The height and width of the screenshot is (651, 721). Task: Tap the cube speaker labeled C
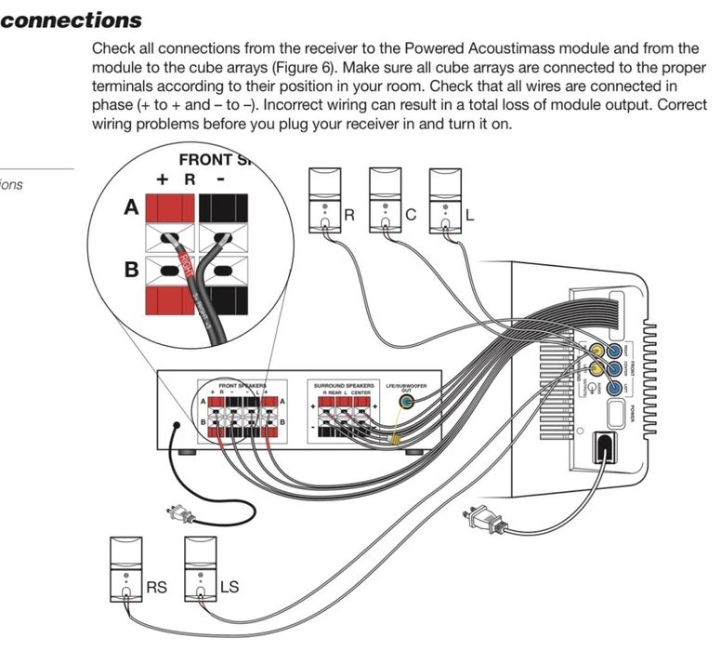point(385,199)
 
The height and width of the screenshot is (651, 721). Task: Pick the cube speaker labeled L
point(445,199)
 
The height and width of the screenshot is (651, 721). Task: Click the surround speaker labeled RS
point(125,569)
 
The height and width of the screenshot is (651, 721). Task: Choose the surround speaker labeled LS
point(201,569)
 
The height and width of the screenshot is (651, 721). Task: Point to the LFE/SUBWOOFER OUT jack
point(406,403)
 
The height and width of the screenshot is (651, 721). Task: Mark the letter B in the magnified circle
point(131,272)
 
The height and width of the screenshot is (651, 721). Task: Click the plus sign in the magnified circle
point(162,179)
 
